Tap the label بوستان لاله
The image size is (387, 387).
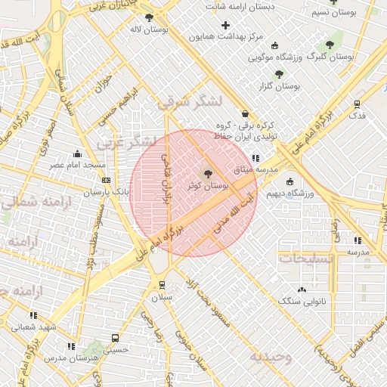[x=148, y=29]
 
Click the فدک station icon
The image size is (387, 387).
[x=357, y=104]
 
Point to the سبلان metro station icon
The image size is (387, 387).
[x=161, y=285]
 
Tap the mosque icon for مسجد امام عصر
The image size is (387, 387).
[x=78, y=153]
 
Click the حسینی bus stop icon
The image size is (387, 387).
[x=115, y=339]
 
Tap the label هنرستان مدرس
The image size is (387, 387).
[x=73, y=358]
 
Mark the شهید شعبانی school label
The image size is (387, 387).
[x=34, y=327]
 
